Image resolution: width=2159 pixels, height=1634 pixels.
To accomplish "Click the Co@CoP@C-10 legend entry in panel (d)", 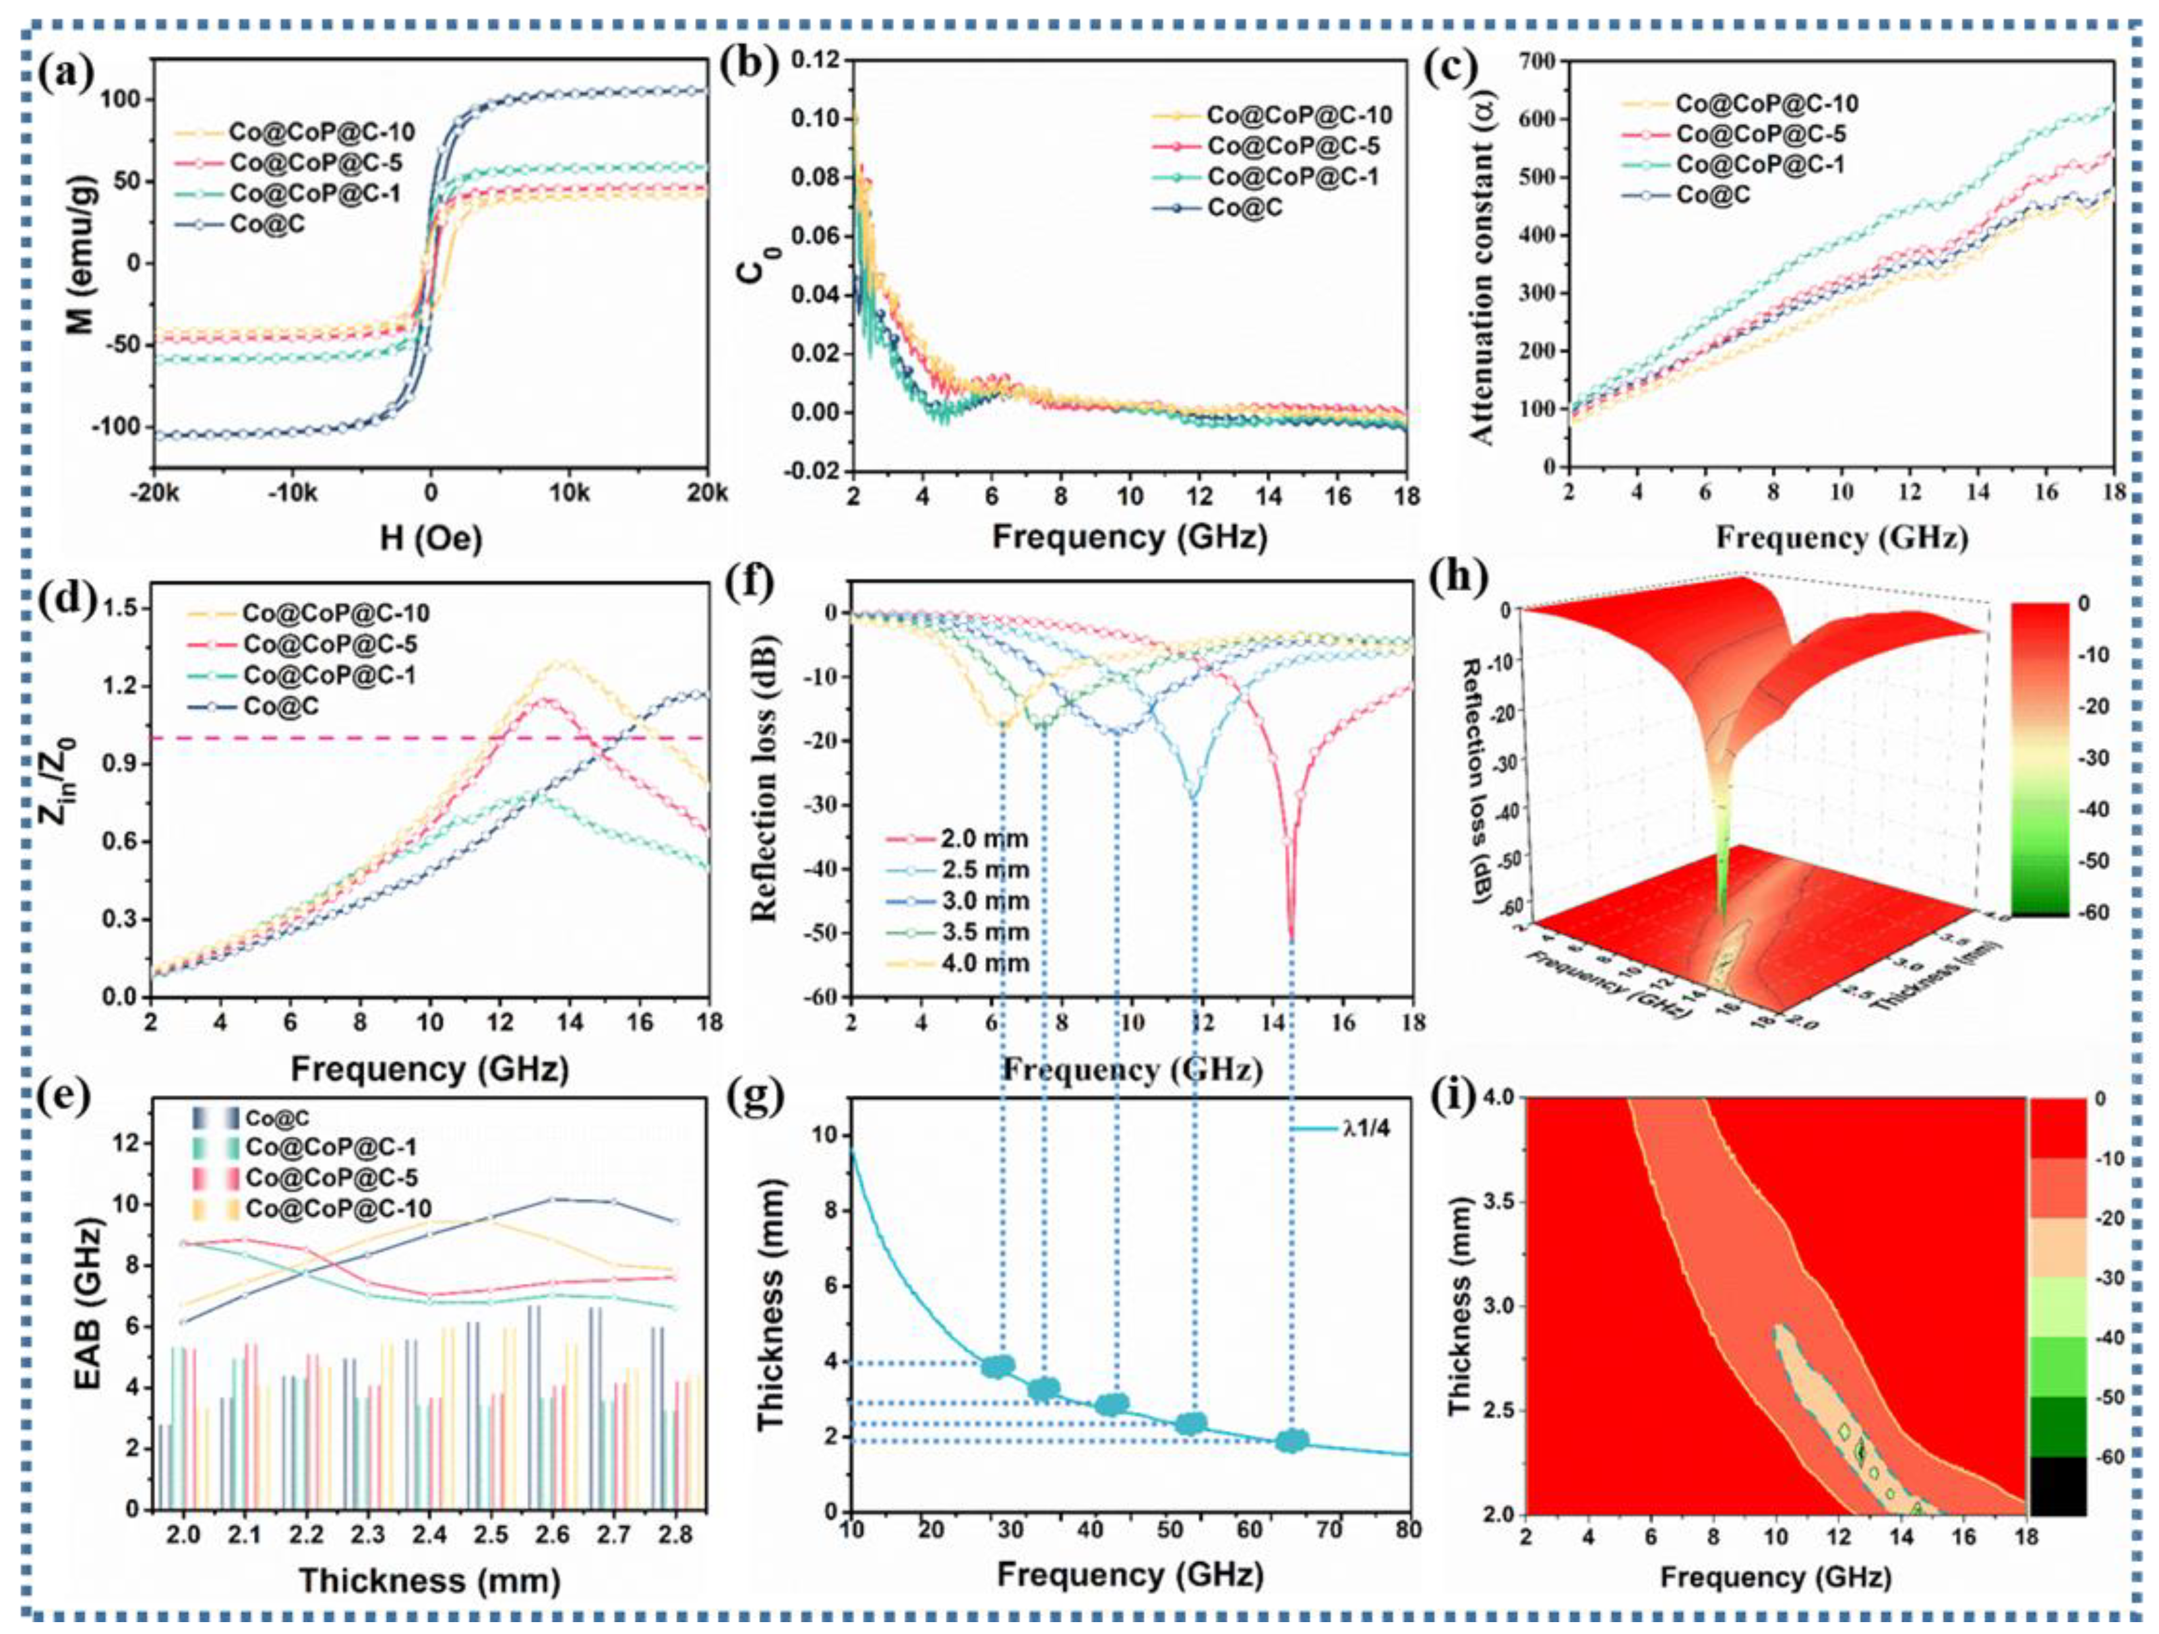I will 335,613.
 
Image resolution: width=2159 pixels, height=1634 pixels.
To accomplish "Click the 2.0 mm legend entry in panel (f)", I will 984,838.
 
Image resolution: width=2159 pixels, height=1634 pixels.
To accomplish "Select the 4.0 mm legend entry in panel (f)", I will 984,963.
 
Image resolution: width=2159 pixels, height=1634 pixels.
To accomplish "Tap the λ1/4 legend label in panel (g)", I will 1366,1130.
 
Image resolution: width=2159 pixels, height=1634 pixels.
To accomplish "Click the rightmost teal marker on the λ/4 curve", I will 1292,1441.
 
